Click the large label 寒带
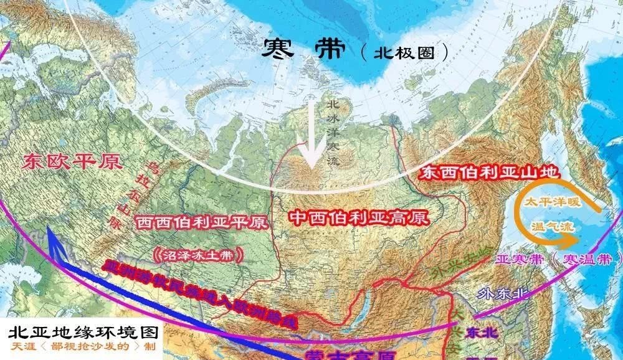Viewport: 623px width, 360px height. point(303,49)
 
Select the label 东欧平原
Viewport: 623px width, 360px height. point(71,162)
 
